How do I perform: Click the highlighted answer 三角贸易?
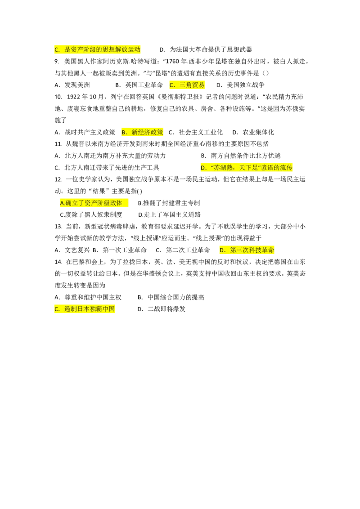click(x=192, y=85)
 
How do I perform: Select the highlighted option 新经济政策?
click(x=147, y=132)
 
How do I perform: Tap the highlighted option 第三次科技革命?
click(x=252, y=250)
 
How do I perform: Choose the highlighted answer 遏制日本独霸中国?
click(x=90, y=309)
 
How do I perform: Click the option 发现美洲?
click(x=77, y=85)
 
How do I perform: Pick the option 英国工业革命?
click(x=144, y=85)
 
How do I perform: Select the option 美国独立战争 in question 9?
click(x=245, y=85)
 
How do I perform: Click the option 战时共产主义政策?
click(x=90, y=132)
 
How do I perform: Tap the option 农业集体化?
click(x=258, y=132)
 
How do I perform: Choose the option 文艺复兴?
click(x=77, y=250)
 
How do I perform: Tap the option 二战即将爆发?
click(x=166, y=309)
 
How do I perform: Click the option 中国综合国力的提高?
click(x=176, y=297)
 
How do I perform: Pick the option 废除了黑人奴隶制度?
click(x=94, y=214)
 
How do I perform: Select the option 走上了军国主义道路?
click(x=172, y=214)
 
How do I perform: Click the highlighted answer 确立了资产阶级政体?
click(x=94, y=203)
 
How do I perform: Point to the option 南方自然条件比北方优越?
click(x=245, y=156)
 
